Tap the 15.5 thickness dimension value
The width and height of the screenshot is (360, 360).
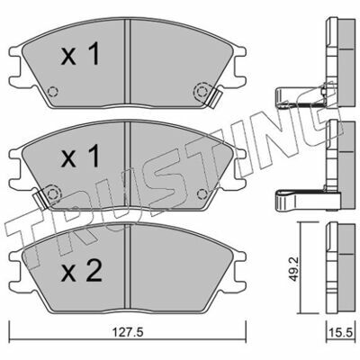click(x=342, y=332)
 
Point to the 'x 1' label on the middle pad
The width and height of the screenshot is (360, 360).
click(x=80, y=156)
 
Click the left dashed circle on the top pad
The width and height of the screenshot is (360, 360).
click(x=53, y=91)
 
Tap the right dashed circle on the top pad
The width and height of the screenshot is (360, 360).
click(x=202, y=91)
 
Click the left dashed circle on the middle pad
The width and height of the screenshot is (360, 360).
click(x=53, y=194)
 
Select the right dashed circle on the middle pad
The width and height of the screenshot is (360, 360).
click(x=202, y=194)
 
